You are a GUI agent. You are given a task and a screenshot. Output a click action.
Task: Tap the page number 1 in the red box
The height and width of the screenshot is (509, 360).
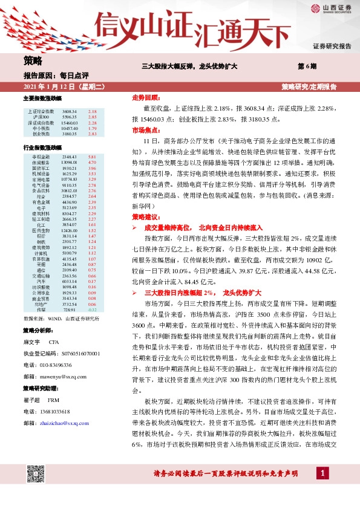tap(324, 489)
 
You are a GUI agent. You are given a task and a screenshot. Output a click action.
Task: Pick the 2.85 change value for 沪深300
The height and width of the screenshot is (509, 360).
tap(92, 117)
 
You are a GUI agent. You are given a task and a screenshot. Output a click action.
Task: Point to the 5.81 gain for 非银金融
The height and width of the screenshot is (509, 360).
tap(92, 157)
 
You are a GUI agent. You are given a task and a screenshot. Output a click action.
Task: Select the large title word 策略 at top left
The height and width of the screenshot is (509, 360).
tap(33, 60)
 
